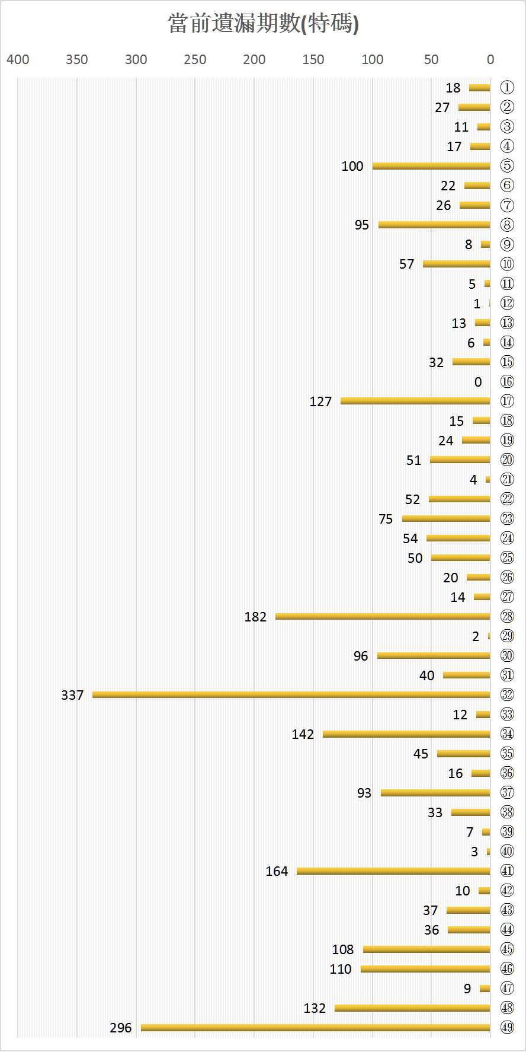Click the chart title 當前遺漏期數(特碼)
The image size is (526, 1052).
point(263,24)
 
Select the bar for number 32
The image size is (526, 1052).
point(291,694)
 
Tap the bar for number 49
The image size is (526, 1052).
point(316,1028)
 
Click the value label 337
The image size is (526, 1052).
point(72,695)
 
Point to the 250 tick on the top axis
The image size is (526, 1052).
point(195,59)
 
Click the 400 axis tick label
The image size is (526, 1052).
point(18,59)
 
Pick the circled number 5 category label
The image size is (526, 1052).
point(507,166)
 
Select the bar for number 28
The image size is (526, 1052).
point(383,616)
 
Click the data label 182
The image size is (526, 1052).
point(255,617)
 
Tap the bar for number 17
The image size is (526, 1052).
point(415,401)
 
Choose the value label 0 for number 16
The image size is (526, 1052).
point(478,382)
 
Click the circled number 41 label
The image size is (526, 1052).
point(507,871)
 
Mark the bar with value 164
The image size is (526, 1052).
point(393,871)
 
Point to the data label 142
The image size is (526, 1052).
point(303,734)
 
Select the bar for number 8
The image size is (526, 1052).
point(434,224)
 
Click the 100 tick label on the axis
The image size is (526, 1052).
point(372,59)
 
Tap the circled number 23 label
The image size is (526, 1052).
point(507,518)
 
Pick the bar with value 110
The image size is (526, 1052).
point(425,969)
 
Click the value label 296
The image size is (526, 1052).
point(121,1028)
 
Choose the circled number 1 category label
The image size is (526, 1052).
point(507,87)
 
